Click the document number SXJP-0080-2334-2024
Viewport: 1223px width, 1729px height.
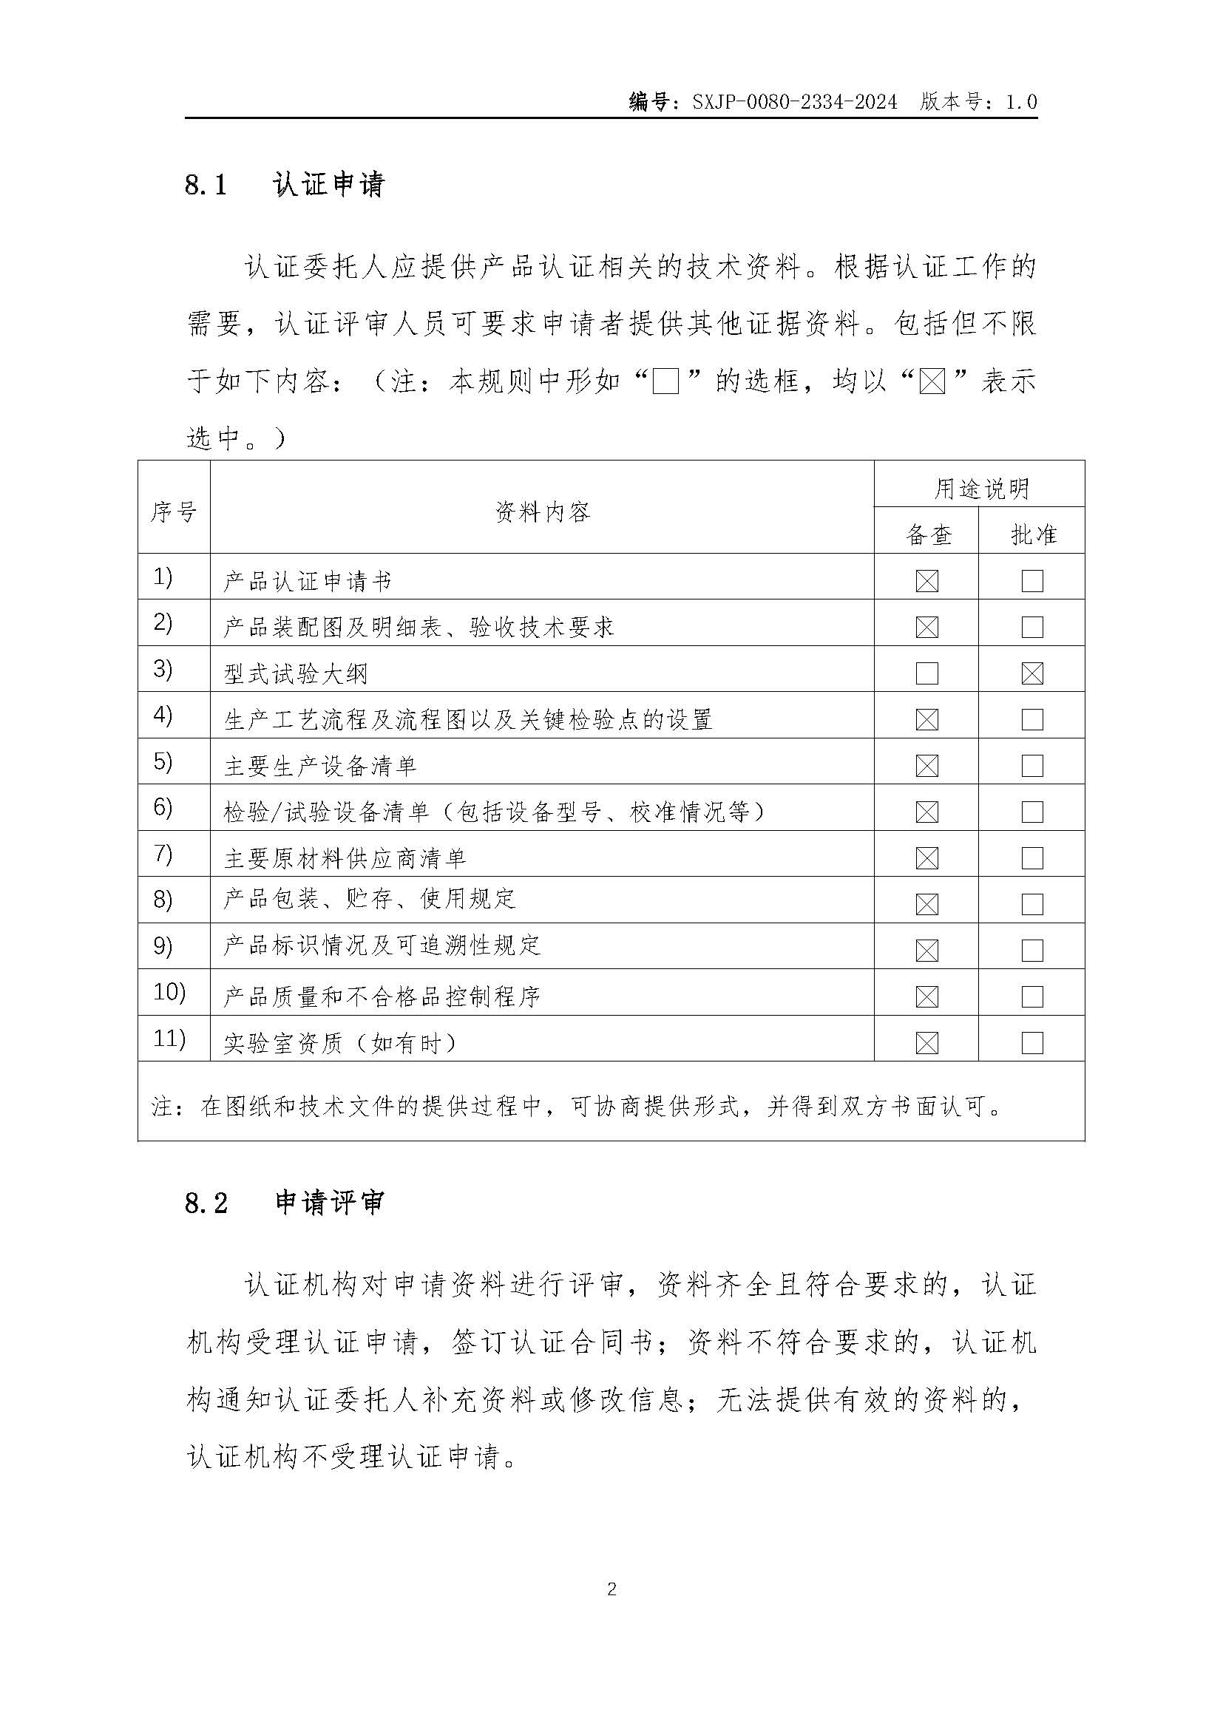[x=794, y=102]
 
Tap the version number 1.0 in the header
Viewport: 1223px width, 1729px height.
[x=1021, y=102]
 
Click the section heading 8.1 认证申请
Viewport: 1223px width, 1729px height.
[x=285, y=185]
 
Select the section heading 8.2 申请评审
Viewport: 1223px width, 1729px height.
[x=285, y=1203]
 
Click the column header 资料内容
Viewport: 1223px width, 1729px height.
[x=542, y=513]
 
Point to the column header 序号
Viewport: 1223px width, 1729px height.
[x=174, y=513]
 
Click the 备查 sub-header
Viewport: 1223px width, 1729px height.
[x=928, y=535]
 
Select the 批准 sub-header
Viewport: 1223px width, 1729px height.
[x=1033, y=535]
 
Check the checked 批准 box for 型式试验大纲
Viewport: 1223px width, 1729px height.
[x=1032, y=673]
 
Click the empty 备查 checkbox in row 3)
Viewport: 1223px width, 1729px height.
[x=927, y=673]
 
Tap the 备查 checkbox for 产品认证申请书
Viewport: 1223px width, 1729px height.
[x=927, y=581]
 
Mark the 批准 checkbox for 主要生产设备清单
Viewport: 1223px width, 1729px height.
[x=1032, y=766]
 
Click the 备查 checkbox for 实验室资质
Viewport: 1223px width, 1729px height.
[x=927, y=1043]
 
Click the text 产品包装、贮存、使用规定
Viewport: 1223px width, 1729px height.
[x=369, y=898]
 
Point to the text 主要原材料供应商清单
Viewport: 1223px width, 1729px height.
[x=345, y=858]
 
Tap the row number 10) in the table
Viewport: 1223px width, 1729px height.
[x=169, y=993]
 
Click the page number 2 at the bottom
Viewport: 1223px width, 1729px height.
[x=611, y=1590]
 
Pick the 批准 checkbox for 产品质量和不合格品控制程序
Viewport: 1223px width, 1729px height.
[x=1032, y=997]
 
